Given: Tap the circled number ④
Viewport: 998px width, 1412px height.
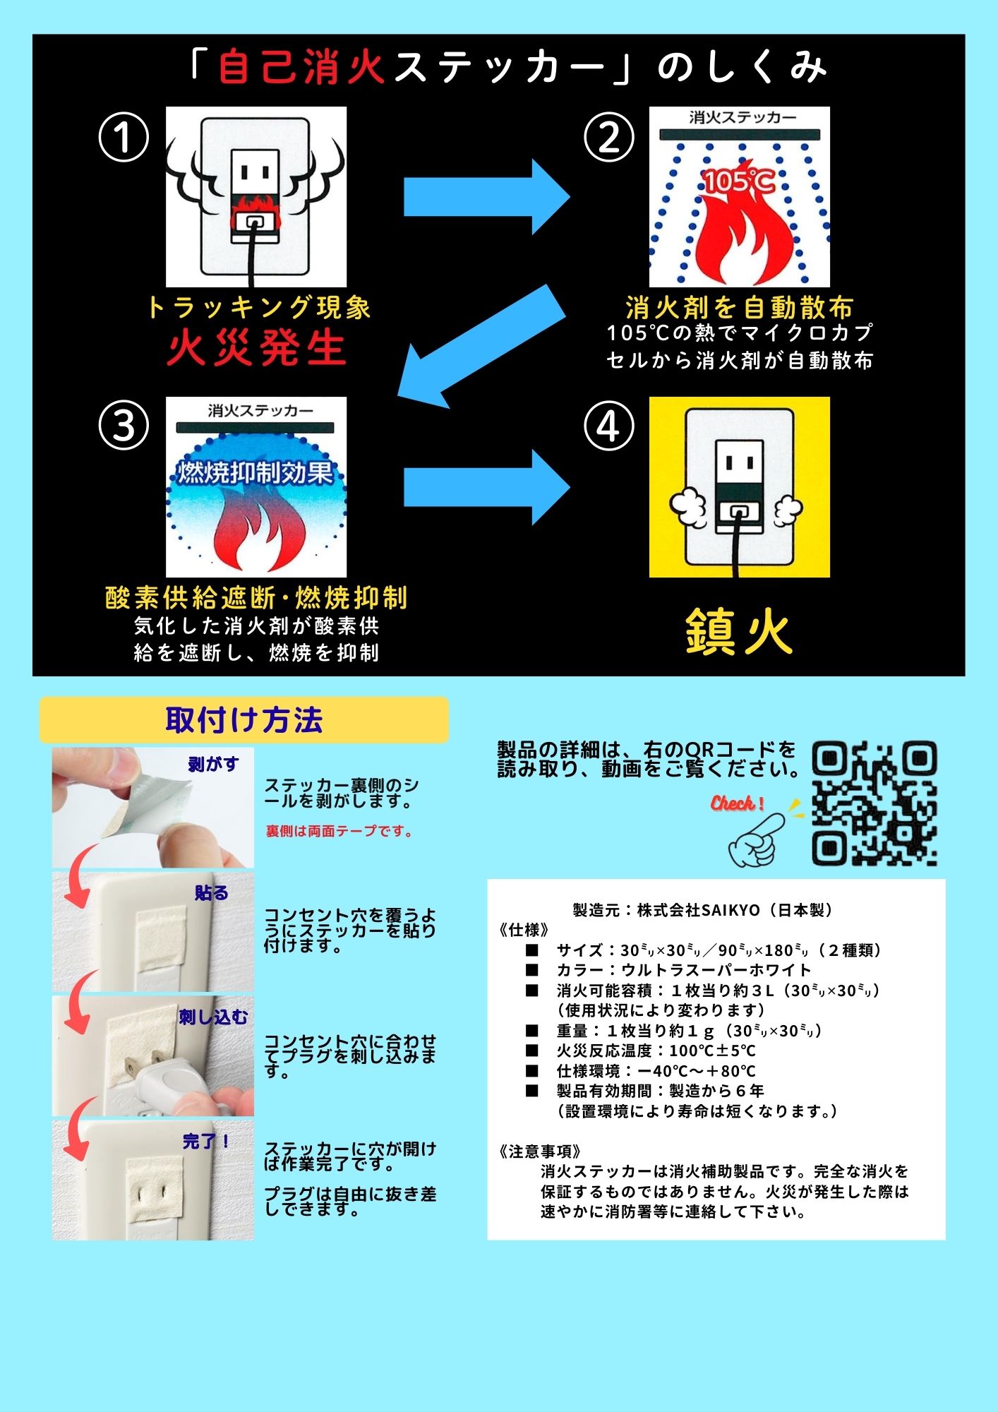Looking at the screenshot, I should click(x=608, y=426).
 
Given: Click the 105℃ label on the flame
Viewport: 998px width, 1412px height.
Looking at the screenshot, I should click(x=739, y=181).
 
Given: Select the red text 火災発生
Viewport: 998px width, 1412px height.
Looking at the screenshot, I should click(x=256, y=348).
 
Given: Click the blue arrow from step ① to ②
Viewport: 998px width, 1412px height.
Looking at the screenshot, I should click(x=486, y=197).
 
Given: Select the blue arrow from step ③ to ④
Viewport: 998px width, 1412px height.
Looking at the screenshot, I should click(x=486, y=487).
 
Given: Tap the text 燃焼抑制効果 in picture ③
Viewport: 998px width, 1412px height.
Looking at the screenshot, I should click(x=255, y=472).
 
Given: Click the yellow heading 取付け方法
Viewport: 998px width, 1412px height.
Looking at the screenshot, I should click(x=244, y=720).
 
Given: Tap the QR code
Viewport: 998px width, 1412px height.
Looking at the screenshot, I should click(x=874, y=803).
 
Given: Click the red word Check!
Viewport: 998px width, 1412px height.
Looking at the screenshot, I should click(x=737, y=803).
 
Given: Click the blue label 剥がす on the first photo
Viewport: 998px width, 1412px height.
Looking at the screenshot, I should click(x=213, y=764).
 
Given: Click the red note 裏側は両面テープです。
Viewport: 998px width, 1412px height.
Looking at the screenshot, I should click(x=339, y=832).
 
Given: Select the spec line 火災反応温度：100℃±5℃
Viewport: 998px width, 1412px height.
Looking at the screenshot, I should click(x=656, y=1051).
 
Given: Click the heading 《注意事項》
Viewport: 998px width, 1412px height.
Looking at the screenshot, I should click(x=539, y=1151).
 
